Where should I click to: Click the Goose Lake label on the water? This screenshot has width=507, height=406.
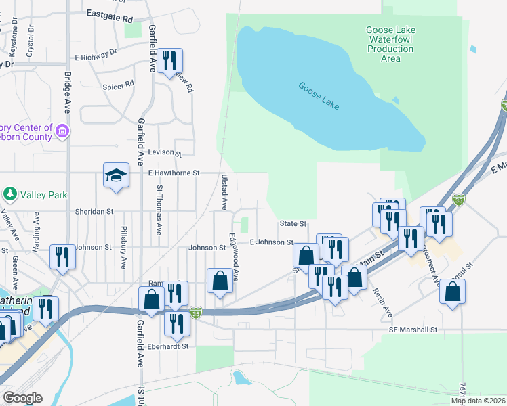319,96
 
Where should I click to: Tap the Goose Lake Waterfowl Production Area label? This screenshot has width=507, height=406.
390,44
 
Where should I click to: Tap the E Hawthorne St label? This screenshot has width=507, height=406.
174,173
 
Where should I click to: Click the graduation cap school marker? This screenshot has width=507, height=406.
116,175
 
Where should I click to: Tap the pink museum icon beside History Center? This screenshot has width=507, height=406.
62,129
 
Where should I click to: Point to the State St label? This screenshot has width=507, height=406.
293,223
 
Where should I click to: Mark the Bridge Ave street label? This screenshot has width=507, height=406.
68,92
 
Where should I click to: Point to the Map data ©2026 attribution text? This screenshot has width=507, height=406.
477,401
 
